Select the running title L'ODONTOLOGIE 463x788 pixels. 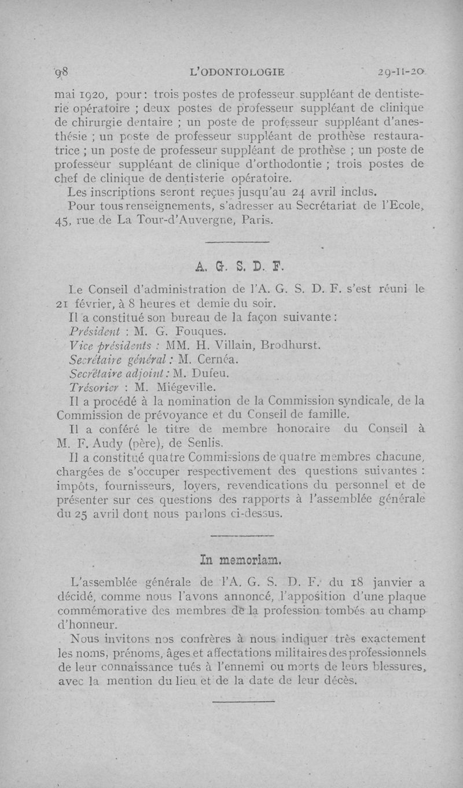(x=238, y=72)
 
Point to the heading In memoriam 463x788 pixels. (x=240, y=560)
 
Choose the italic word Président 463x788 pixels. (x=93, y=332)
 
